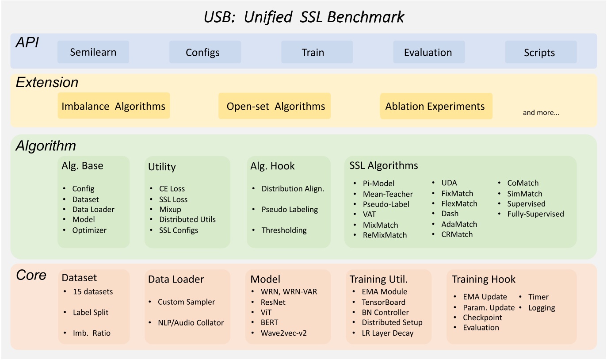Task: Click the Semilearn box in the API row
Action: [x=93, y=52]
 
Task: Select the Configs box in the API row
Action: [x=202, y=53]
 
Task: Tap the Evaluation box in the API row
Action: [x=428, y=53]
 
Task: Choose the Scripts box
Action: [x=539, y=53]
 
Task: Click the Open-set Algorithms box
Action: [x=275, y=106]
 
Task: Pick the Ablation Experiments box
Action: [x=435, y=106]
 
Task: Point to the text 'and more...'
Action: [x=541, y=112]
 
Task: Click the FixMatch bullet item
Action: [x=457, y=193]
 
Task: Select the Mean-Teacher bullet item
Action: [x=388, y=194]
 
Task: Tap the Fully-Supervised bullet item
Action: [x=535, y=214]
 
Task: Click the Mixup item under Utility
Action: [x=170, y=209]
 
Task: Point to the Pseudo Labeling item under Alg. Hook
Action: [x=290, y=209]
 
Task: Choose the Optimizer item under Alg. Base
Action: [x=89, y=230]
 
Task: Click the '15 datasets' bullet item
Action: [x=93, y=291]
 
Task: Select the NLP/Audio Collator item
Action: [x=191, y=322]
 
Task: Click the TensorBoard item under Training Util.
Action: [x=384, y=302]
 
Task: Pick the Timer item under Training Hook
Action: [x=538, y=297]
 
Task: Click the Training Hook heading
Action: [x=484, y=279]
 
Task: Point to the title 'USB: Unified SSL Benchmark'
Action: [x=304, y=17]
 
